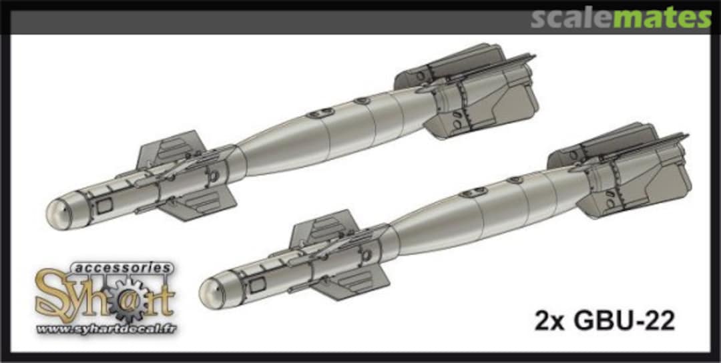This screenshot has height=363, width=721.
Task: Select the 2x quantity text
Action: pyautogui.click(x=549, y=322)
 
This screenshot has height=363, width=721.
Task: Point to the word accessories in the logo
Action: pyautogui.click(x=126, y=268)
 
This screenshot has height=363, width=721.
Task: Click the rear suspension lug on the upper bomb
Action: pyautogui.click(x=363, y=101)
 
